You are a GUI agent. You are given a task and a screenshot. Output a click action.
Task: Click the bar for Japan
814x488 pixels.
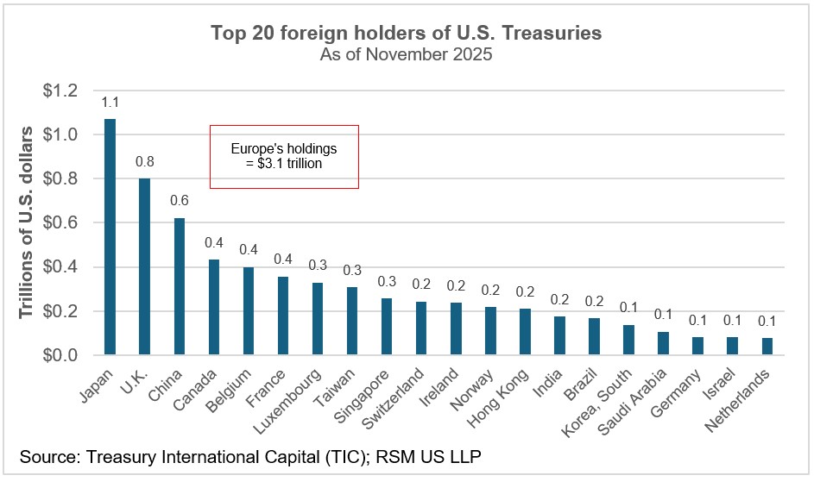(x=110, y=237)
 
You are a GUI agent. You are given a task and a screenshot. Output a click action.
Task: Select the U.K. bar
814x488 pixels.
(x=144, y=266)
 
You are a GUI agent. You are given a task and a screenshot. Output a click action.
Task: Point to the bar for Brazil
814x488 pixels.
(x=595, y=336)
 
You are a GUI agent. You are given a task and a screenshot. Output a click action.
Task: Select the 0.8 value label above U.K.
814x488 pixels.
(x=144, y=162)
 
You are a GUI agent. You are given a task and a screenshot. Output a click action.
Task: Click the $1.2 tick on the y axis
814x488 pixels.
(x=60, y=91)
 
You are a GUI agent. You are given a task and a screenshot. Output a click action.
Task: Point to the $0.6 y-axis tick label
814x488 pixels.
(x=60, y=223)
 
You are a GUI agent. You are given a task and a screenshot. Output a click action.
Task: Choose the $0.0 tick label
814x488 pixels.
(x=60, y=355)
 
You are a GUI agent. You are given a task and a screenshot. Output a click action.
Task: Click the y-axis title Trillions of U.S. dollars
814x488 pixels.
(x=27, y=222)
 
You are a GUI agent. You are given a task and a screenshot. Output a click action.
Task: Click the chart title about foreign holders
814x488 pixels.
(x=407, y=34)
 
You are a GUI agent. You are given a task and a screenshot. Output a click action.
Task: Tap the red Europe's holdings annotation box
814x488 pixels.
(x=284, y=156)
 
